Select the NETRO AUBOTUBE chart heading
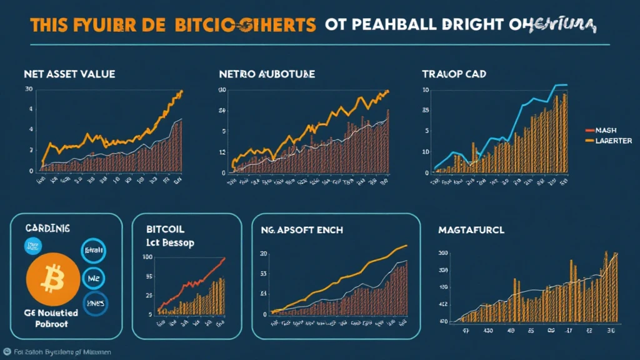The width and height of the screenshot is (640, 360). point(267,74)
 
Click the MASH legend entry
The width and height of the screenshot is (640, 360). point(606,131)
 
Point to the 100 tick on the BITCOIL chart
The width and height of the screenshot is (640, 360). point(149,257)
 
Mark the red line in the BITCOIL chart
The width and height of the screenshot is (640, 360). point(194,281)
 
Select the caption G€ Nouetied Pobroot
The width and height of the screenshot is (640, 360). point(50,319)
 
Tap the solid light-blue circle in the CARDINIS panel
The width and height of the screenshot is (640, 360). point(31,246)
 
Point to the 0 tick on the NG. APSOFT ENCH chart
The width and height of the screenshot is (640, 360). point(266,314)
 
